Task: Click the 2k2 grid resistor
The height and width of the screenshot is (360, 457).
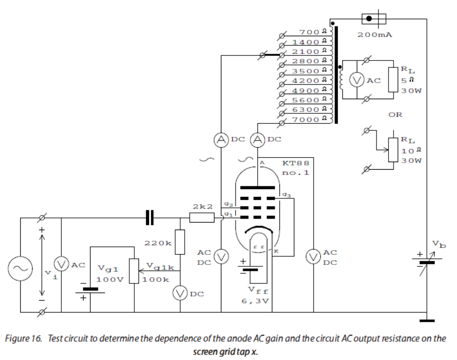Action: (202, 218)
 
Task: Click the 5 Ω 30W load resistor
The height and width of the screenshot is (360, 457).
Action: (393, 80)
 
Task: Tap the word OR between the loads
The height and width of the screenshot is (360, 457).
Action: (395, 115)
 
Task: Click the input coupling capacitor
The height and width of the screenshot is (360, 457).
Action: (149, 218)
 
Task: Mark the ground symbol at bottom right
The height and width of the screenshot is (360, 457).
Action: (426, 319)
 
